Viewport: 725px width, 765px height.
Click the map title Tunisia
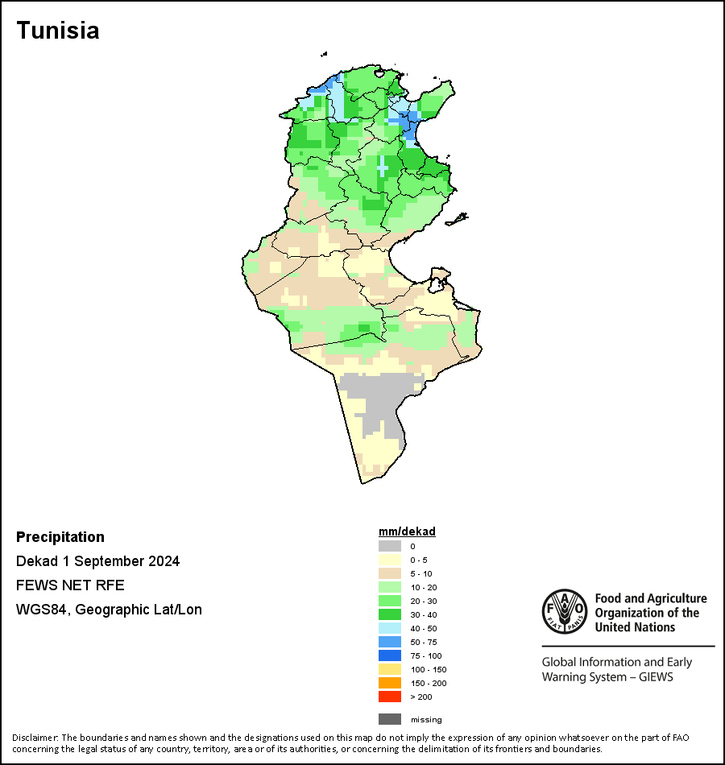(x=58, y=31)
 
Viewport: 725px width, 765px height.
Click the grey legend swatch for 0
(x=390, y=546)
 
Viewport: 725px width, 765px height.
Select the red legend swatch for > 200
(x=390, y=697)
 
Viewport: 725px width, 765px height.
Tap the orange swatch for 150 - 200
(x=390, y=683)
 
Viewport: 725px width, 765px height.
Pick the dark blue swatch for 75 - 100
(x=390, y=655)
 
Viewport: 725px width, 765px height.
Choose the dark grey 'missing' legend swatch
(x=390, y=719)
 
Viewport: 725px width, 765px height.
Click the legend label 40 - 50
(x=424, y=628)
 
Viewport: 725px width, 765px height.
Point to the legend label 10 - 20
(x=424, y=587)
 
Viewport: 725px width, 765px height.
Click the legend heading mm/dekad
(x=407, y=531)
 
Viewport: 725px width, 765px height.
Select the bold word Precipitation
(x=60, y=536)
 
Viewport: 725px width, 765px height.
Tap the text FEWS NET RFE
(x=70, y=585)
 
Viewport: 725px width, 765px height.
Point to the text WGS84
(x=41, y=610)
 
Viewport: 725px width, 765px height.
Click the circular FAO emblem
(x=565, y=611)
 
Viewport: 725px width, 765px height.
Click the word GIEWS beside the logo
(x=657, y=677)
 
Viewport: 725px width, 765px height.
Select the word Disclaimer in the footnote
(x=35, y=737)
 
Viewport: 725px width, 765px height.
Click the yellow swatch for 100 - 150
(x=390, y=669)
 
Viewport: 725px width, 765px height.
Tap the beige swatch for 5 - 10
(x=390, y=573)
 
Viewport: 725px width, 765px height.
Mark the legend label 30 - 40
(x=424, y=614)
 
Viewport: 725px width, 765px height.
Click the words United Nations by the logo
(x=635, y=627)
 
